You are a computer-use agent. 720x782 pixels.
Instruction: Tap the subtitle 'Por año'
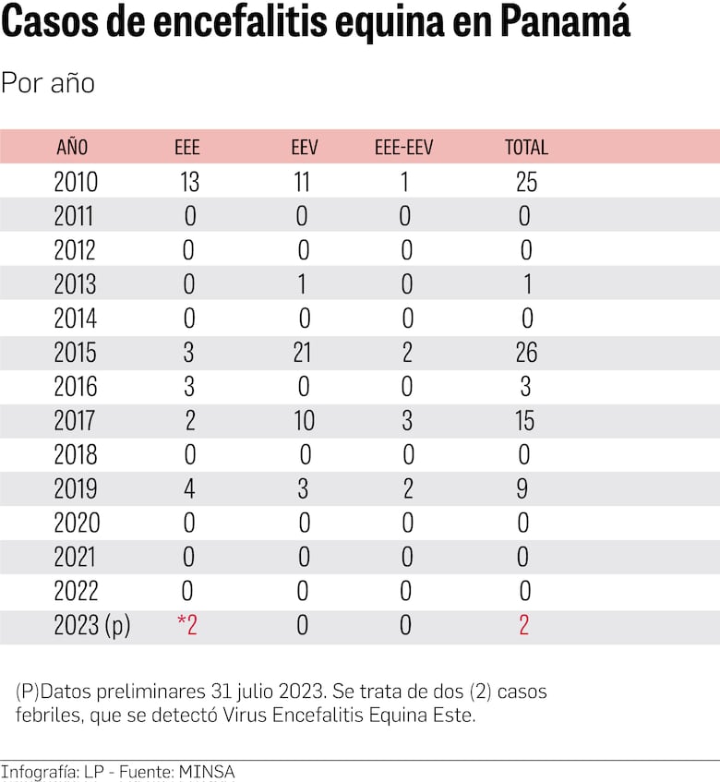point(48,83)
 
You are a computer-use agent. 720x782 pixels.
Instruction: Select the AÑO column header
point(72,147)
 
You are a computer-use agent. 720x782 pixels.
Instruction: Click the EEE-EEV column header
point(404,147)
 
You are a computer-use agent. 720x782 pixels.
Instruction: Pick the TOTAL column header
point(526,147)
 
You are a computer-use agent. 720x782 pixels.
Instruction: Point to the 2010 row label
point(76,182)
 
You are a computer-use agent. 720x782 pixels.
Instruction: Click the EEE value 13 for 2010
point(188,182)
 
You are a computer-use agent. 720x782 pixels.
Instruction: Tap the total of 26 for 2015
point(526,353)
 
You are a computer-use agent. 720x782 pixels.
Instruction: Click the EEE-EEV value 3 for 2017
point(406,421)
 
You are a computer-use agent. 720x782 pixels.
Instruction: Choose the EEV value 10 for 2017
point(304,421)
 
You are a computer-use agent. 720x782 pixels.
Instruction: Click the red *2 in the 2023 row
point(187,626)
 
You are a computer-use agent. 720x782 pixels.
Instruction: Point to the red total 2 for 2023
point(524,626)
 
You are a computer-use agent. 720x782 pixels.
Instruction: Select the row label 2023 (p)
point(92,626)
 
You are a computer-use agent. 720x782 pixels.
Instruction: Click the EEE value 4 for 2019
point(189,489)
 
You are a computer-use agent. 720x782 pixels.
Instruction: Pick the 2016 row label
point(76,387)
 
